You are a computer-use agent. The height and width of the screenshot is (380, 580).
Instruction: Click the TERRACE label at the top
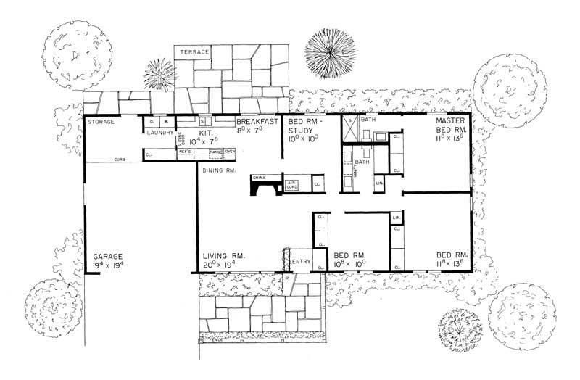[x=195, y=53]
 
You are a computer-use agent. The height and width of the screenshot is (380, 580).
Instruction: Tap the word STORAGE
[x=101, y=122]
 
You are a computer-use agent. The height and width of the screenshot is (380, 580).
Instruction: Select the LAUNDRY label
[x=159, y=132]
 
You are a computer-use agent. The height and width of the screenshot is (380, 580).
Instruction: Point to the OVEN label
[x=231, y=151]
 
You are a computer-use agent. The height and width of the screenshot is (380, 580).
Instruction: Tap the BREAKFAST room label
[x=254, y=122]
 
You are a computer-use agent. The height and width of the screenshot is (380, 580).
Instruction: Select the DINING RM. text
[x=217, y=170]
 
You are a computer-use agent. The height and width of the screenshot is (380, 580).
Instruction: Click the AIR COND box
[x=291, y=186]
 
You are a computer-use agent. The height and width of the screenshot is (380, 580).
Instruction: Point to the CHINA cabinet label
[x=259, y=177]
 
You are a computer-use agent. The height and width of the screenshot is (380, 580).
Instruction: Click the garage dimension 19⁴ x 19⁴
[x=109, y=265]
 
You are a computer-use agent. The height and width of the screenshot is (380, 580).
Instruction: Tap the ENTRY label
[x=301, y=261]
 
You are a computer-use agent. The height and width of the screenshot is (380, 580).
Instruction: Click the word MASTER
[x=449, y=120]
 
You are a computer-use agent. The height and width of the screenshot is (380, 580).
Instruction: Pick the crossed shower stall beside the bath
[x=349, y=132]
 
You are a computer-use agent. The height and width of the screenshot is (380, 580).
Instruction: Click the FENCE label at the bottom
[x=216, y=339]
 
